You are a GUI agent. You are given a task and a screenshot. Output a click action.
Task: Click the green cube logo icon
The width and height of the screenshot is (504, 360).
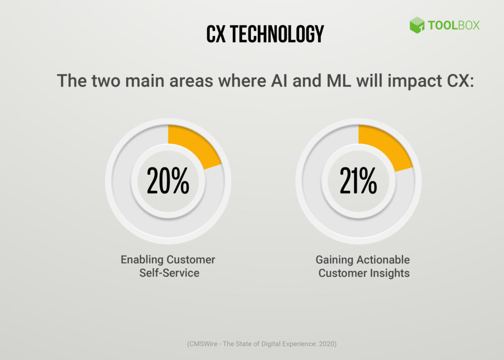pyautogui.click(x=417, y=25)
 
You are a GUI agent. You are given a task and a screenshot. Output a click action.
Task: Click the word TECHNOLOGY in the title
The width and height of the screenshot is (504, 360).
pyautogui.click(x=277, y=33)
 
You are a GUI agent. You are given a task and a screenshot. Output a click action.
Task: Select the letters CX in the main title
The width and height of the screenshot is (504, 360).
pyautogui.click(x=216, y=33)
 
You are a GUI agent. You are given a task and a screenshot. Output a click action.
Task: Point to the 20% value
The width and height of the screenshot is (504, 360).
pyautogui.click(x=168, y=181)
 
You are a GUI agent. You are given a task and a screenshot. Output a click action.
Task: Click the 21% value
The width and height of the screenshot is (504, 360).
pyautogui.click(x=358, y=181)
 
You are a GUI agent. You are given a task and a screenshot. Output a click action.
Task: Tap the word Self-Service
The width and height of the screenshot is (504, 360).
pyautogui.click(x=169, y=273)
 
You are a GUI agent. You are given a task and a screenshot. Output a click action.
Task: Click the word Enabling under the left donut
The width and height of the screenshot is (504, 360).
pyautogui.click(x=142, y=260)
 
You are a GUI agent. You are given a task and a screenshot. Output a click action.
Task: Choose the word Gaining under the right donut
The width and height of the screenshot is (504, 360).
pyautogui.click(x=334, y=260)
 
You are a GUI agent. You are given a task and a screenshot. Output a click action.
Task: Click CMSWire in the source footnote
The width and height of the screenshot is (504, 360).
pyautogui.click(x=204, y=344)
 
